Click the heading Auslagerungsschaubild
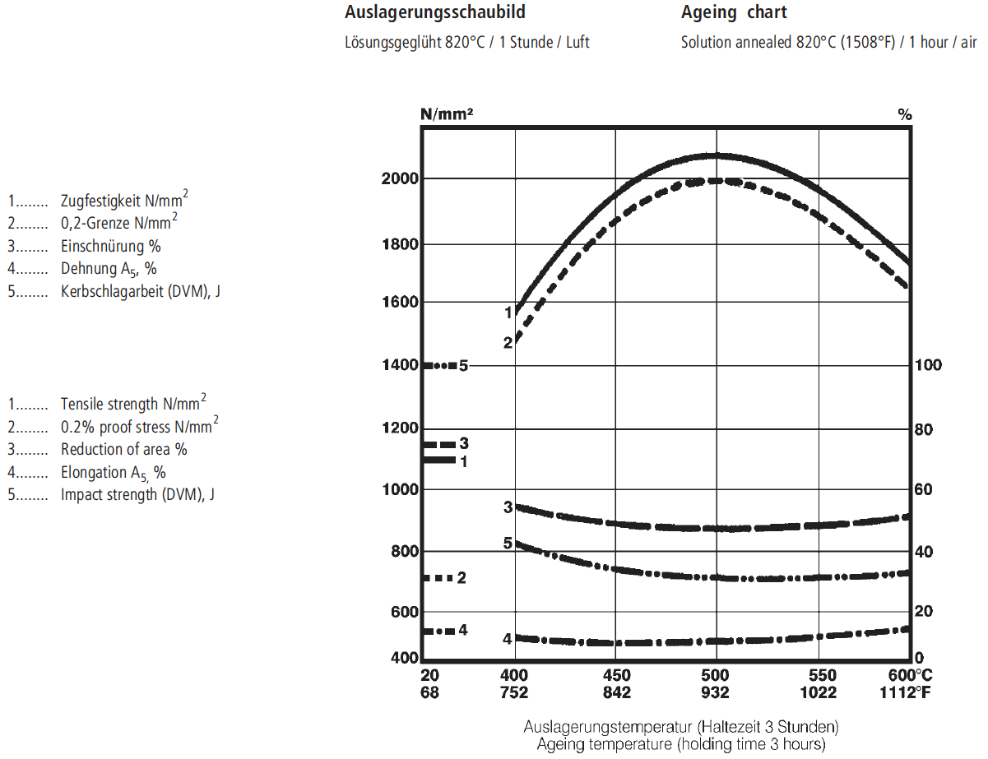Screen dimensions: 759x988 point(434,12)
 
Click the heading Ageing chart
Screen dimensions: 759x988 point(734,12)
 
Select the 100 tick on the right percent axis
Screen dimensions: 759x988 point(929,365)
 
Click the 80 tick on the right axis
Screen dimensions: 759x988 point(925,429)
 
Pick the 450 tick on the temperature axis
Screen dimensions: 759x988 point(616,674)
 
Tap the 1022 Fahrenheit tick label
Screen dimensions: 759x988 point(818,693)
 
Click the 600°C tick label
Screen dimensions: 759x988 point(910,674)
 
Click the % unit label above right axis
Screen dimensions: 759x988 point(905,115)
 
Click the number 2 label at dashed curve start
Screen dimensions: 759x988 point(508,342)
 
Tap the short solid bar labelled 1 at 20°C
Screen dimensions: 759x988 point(438,460)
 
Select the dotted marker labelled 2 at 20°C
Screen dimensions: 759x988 point(438,578)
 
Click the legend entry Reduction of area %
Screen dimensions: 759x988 point(123,450)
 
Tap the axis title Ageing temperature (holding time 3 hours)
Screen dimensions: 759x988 point(680,744)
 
